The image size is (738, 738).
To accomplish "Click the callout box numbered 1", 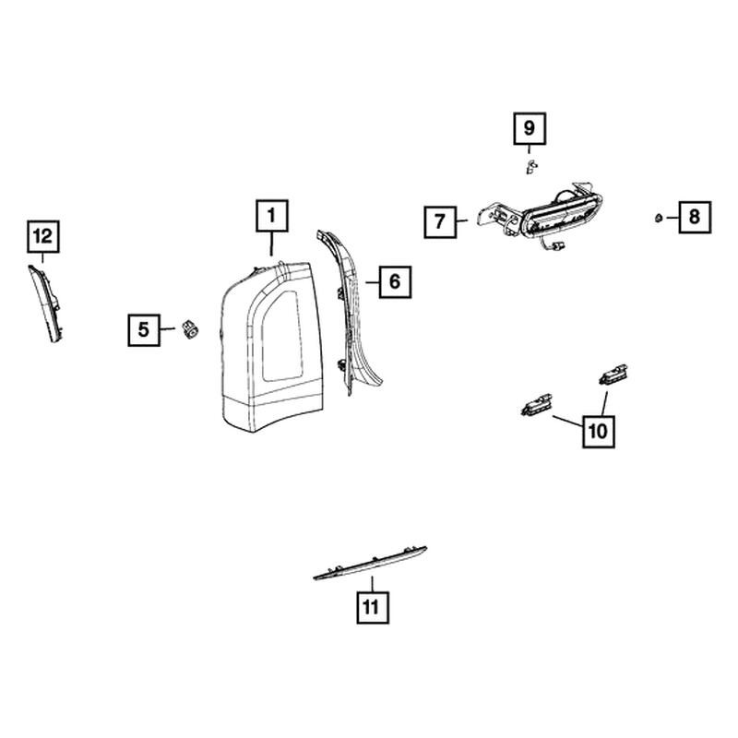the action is [x=272, y=216].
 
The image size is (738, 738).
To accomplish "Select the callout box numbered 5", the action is [x=144, y=330].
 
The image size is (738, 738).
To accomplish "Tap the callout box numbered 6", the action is [x=396, y=282].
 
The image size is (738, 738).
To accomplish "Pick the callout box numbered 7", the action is [x=440, y=221].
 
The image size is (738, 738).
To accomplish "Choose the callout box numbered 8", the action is [x=695, y=217].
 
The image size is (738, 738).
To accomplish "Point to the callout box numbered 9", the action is [x=530, y=128].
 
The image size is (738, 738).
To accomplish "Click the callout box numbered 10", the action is [x=598, y=431].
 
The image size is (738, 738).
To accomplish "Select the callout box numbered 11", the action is [x=373, y=607].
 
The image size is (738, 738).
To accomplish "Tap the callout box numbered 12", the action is [x=42, y=236].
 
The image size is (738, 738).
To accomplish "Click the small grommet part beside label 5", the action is [x=190, y=328].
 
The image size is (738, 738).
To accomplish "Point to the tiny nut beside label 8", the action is [x=659, y=218].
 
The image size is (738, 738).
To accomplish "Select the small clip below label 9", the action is [x=531, y=167].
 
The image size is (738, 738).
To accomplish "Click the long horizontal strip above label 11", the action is [x=370, y=563].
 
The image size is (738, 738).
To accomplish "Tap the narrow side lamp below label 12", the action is [x=45, y=304].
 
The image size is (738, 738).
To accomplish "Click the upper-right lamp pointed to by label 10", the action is [x=613, y=374].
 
